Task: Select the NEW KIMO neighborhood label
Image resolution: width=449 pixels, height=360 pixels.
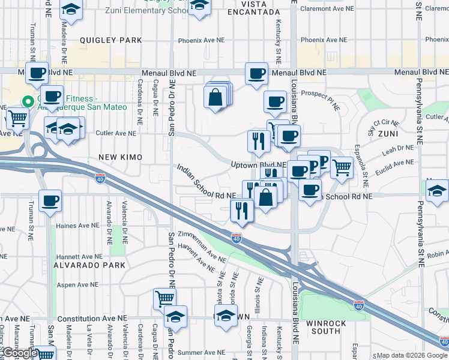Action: click(x=120, y=157)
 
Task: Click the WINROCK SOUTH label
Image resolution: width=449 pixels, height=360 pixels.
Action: click(x=326, y=327)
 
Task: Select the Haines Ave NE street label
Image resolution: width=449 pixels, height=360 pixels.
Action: click(x=77, y=226)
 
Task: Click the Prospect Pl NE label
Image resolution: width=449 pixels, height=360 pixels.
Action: click(x=321, y=94)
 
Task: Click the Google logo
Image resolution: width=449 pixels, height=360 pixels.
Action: click(x=20, y=353)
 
